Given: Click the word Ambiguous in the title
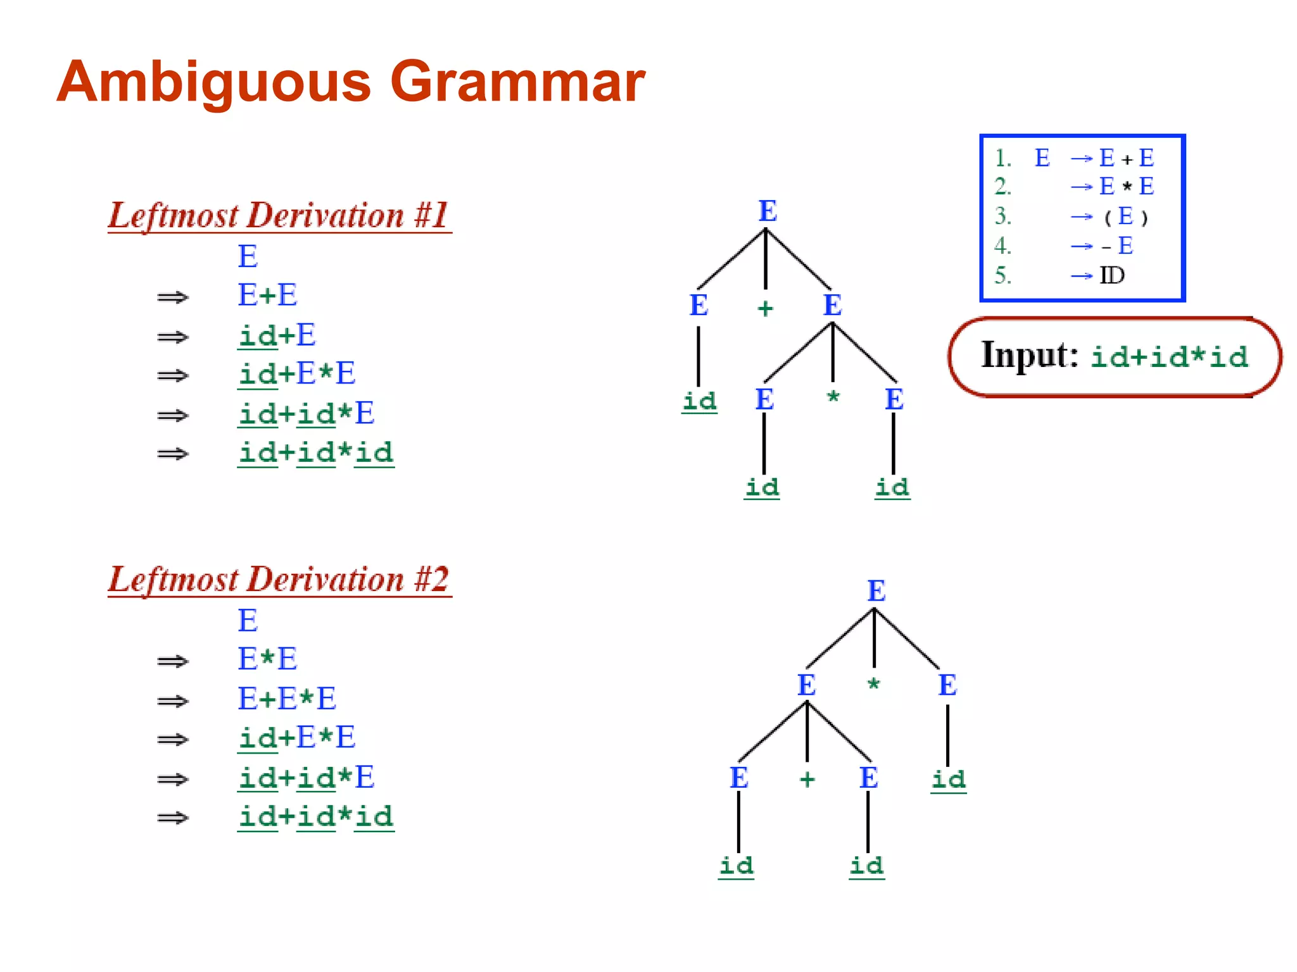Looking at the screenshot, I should [213, 82].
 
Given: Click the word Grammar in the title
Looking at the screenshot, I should [517, 82].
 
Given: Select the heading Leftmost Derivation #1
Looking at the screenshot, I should [279, 215].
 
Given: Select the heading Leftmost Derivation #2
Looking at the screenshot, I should [279, 579].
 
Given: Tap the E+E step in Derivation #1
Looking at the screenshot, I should [267, 295].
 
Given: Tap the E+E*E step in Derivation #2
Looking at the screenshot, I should [287, 699].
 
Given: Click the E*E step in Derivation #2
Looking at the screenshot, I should [267, 659].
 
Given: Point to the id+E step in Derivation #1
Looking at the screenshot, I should [277, 335].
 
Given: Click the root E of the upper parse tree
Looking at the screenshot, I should [768, 211].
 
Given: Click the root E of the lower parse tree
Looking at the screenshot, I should [876, 591].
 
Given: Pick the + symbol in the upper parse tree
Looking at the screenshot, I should [766, 309].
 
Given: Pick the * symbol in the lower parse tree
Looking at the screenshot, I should [874, 684].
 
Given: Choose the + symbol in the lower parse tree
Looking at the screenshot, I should [807, 779].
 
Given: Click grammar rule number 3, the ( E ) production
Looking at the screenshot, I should [1125, 216].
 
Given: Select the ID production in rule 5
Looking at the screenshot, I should [1111, 275].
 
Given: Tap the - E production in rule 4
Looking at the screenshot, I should [1118, 246].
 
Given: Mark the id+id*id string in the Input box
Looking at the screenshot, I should [1169, 357].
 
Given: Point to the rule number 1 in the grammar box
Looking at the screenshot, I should [1002, 158].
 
